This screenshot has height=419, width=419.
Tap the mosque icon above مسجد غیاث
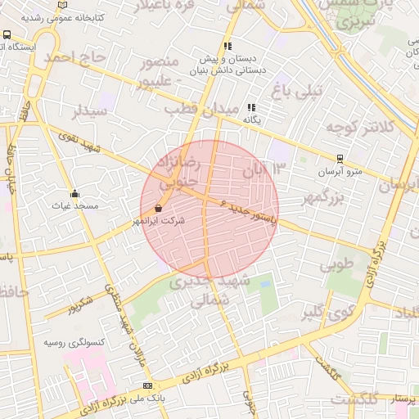pos(75,194)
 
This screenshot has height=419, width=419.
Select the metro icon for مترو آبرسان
pos(340,160)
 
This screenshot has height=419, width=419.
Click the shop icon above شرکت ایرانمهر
pos(157,209)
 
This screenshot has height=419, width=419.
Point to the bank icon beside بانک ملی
pos(147,385)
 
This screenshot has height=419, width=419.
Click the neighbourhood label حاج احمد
pos(77,57)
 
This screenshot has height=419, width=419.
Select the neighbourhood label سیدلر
pos(89,110)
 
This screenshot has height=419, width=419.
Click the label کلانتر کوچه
pos(361,127)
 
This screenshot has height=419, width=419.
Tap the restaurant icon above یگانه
pos(251,107)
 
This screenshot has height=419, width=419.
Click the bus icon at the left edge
pos(7,35)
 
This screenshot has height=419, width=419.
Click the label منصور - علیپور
pos(167,71)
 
